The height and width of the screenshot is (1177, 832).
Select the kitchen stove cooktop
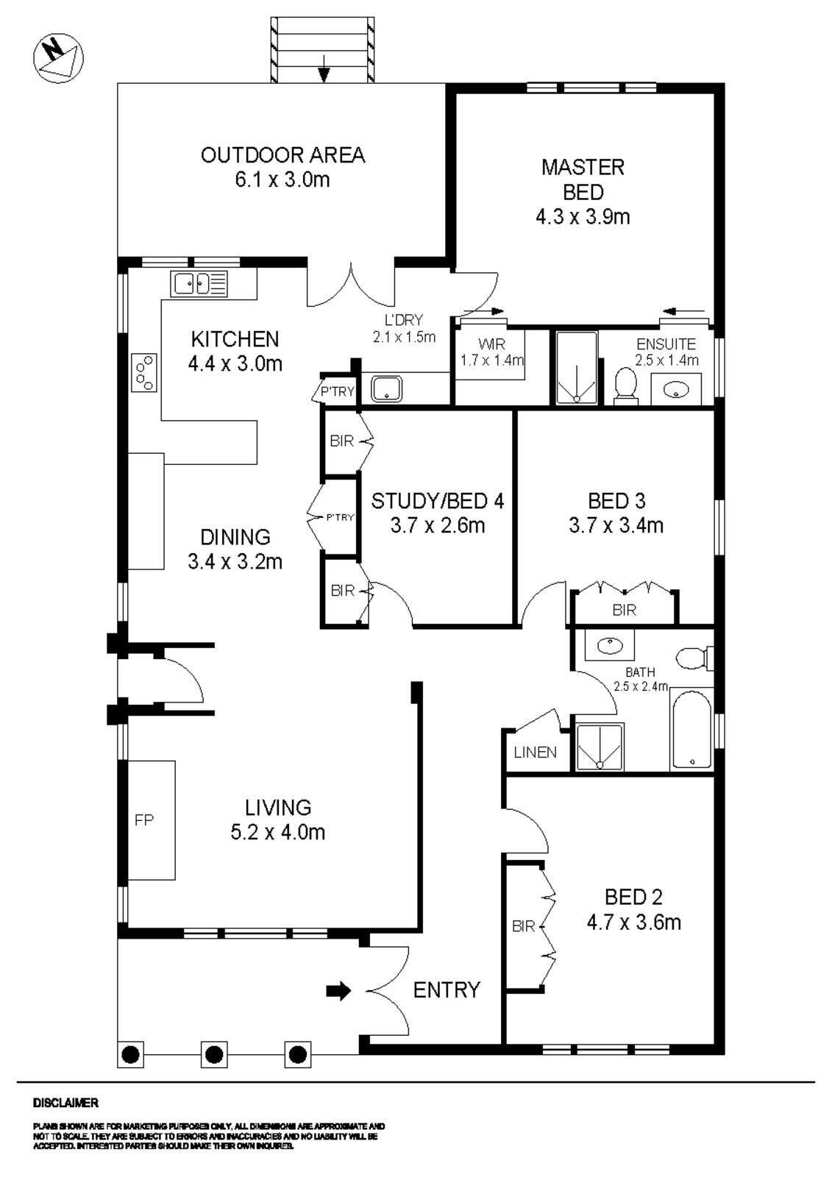pyautogui.click(x=144, y=373)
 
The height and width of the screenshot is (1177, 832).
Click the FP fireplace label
pyautogui.click(x=144, y=819)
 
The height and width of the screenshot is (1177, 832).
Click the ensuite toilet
pyautogui.click(x=625, y=385)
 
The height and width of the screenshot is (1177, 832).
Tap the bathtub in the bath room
pyautogui.click(x=691, y=729)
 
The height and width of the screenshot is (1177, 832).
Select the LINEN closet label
pyautogui.click(x=535, y=753)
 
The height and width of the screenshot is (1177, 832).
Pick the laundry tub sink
pyautogui.click(x=386, y=388)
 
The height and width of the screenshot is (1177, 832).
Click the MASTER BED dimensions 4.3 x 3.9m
pyautogui.click(x=583, y=217)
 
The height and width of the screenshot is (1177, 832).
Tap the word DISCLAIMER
pyautogui.click(x=65, y=1103)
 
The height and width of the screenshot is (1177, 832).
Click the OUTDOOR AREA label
pyautogui.click(x=282, y=155)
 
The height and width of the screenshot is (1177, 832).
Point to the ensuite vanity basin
pyautogui.click(x=676, y=390)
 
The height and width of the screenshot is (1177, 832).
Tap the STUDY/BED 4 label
pyautogui.click(x=437, y=502)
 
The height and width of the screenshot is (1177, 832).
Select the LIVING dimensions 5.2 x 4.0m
pyautogui.click(x=277, y=832)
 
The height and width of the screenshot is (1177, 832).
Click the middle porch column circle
pyautogui.click(x=213, y=1055)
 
